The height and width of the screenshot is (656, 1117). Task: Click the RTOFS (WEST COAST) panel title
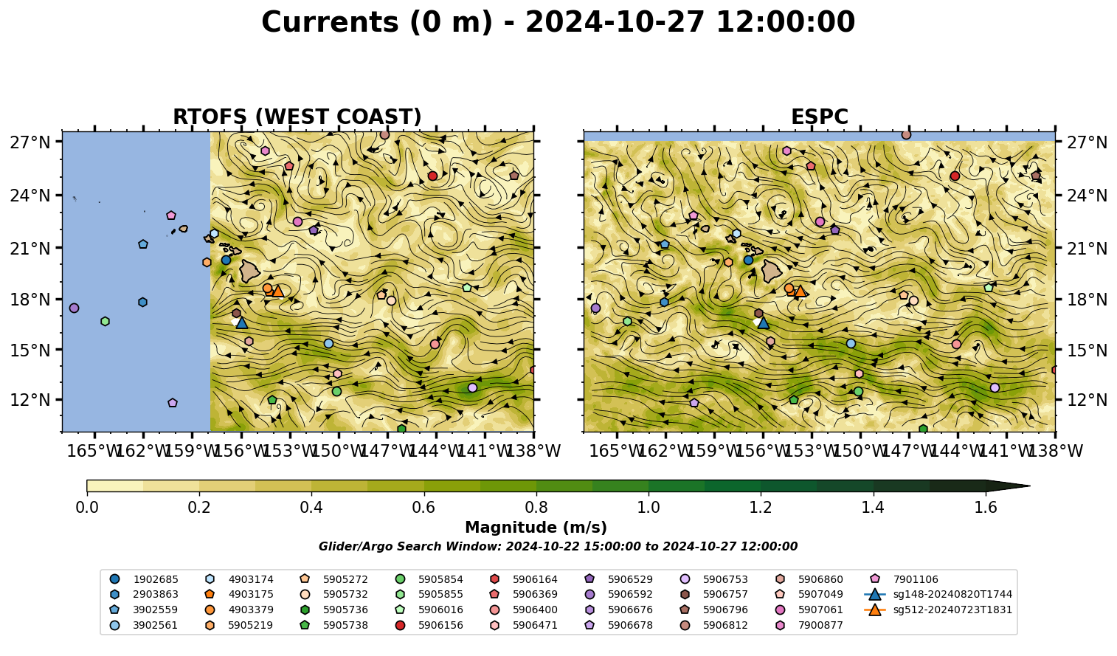pos(297,117)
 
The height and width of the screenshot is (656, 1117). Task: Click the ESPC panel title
pos(819,117)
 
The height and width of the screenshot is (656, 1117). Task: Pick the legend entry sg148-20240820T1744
pos(938,594)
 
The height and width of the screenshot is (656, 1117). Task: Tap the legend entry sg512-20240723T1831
pos(938,610)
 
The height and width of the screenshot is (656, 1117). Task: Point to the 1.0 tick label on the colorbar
pos(649,508)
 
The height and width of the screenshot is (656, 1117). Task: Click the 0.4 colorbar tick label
pos(311,508)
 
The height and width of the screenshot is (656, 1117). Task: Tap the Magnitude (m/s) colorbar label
pos(536,528)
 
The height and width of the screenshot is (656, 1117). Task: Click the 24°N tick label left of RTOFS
pos(30,195)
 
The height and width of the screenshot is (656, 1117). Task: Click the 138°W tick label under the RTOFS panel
pos(533,451)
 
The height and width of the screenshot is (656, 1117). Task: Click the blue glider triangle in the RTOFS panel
pos(241,322)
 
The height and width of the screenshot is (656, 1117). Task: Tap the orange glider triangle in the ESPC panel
pos(800,291)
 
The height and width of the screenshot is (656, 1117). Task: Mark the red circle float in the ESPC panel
pos(955,176)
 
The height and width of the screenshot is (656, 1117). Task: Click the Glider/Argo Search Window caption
pos(558,546)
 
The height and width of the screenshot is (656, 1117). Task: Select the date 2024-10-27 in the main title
pos(615,22)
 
